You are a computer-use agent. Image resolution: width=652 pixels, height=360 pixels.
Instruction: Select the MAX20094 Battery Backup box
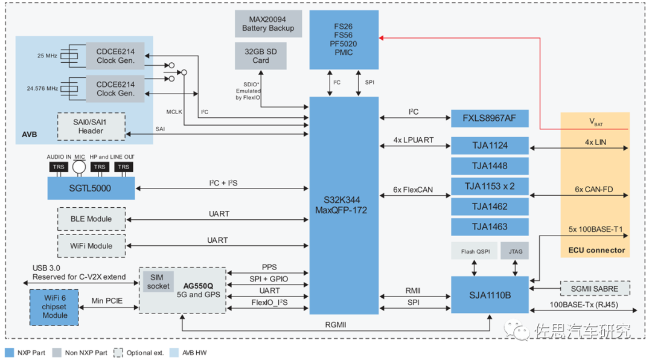pyautogui.click(x=268, y=24)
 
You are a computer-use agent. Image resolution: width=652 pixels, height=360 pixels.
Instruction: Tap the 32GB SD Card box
pyautogui.click(x=261, y=56)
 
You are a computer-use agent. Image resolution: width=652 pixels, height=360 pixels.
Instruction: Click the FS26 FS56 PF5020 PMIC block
pyautogui.click(x=344, y=39)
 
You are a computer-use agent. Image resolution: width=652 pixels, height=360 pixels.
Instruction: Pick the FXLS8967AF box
pyautogui.click(x=490, y=118)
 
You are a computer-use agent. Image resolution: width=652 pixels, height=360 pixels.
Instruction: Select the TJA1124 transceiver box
pyautogui.click(x=490, y=145)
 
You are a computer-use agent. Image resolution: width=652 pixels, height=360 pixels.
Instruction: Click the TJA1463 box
pyautogui.click(x=490, y=227)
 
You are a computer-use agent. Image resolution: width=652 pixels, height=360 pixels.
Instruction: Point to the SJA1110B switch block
pyautogui.click(x=490, y=295)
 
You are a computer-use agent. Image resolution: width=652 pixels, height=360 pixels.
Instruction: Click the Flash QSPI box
pyautogui.click(x=476, y=251)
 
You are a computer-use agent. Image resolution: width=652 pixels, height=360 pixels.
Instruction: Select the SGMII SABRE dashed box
pyautogui.click(x=595, y=289)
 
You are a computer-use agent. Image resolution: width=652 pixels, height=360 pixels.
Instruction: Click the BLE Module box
pyautogui.click(x=92, y=219)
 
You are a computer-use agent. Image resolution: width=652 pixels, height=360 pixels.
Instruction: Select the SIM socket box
pyautogui.click(x=158, y=281)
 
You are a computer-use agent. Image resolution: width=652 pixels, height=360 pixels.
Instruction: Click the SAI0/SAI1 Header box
pyautogui.click(x=91, y=126)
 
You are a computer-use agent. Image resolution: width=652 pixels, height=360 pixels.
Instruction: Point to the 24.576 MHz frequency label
pyautogui.click(x=43, y=88)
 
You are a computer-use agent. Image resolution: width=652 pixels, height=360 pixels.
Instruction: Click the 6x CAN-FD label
pyautogui.click(x=593, y=190)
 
